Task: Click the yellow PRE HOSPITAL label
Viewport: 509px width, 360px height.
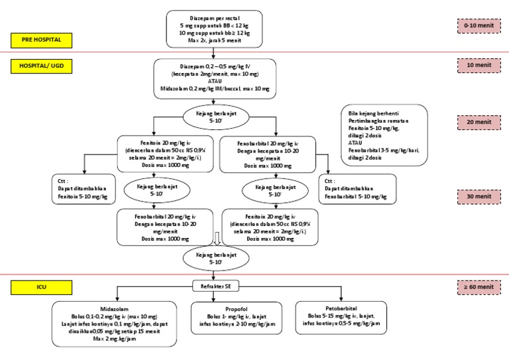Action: coord(42,40)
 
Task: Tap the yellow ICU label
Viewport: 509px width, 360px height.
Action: coord(42,286)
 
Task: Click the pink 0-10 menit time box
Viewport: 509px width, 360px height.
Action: coord(479,26)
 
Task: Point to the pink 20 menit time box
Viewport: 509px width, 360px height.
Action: coord(479,122)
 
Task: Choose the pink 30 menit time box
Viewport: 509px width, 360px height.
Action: coord(479,196)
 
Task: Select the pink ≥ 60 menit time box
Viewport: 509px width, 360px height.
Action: coord(479,286)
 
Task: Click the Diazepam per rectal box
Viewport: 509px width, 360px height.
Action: coord(214,29)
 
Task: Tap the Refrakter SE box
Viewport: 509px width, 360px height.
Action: coord(215,286)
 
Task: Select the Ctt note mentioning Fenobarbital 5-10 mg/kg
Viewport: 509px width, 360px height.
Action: coord(357,188)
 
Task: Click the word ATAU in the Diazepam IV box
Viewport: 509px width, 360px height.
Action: coord(214,81)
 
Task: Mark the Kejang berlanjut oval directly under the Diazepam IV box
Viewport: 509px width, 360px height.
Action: coord(215,117)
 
